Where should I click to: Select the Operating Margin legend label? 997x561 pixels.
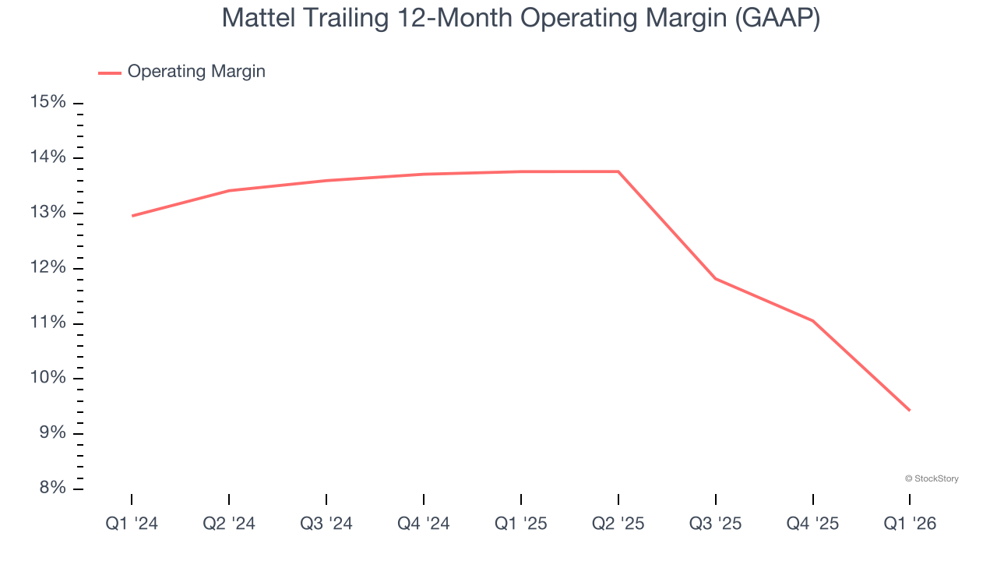point(196,72)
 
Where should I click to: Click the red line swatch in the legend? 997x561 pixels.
point(110,72)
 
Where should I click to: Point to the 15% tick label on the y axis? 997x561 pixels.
point(48,103)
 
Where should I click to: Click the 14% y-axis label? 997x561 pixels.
point(48,158)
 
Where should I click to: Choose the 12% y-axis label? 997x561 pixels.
point(48,268)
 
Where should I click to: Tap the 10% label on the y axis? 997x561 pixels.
point(48,379)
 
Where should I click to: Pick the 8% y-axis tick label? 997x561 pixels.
point(51,489)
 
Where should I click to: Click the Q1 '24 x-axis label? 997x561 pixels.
point(132,524)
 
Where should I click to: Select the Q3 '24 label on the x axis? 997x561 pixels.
point(326,524)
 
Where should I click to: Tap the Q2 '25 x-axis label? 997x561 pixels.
point(618,524)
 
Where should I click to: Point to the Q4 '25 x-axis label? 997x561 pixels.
point(813,524)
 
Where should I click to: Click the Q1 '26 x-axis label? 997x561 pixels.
point(910,524)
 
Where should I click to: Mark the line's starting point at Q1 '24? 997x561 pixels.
point(132,216)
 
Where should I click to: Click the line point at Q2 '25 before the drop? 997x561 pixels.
point(618,171)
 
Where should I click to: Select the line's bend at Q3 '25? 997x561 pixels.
point(716,278)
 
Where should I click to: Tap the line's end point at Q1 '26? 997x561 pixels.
point(909,410)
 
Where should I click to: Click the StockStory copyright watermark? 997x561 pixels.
point(932,478)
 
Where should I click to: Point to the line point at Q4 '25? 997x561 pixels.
point(813,321)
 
